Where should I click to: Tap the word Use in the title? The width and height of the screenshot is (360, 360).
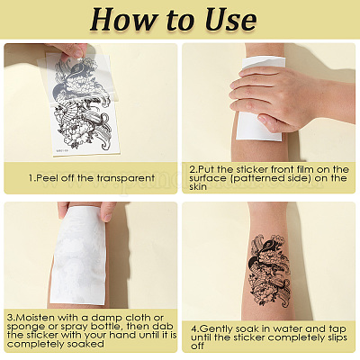tap(230, 19)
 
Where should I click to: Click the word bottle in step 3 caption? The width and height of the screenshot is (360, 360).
tap(107, 326)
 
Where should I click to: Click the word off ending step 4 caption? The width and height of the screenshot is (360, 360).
tap(197, 346)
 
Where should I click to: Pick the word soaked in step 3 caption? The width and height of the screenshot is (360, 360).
tap(85, 344)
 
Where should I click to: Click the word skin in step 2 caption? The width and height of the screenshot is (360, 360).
tap(198, 186)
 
